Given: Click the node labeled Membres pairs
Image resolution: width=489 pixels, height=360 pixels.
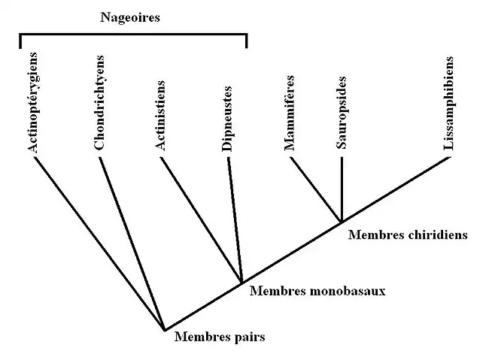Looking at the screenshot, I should pyautogui.click(x=165, y=330).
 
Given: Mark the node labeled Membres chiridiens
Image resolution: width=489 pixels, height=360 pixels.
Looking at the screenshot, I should pyautogui.click(x=342, y=221).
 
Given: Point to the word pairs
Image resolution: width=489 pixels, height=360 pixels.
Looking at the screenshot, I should pyautogui.click(x=248, y=337).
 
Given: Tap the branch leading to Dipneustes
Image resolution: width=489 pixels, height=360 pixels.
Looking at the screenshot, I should pyautogui.click(x=235, y=218).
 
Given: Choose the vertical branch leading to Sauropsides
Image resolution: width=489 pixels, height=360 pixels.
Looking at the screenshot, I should pyautogui.click(x=342, y=188).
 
